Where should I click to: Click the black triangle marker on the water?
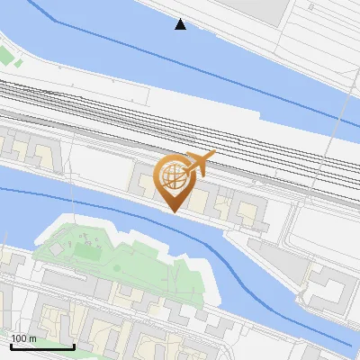181,24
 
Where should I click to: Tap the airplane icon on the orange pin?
200,165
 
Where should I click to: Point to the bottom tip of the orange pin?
174,211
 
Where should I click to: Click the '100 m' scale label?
23,338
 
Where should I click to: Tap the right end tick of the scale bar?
74,345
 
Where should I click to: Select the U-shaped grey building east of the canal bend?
326,292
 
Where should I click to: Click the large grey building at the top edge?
261,9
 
